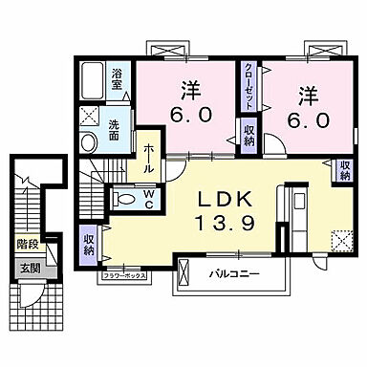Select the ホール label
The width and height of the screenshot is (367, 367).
(x=151, y=157)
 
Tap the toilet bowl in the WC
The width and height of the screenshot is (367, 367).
(x=123, y=200)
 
